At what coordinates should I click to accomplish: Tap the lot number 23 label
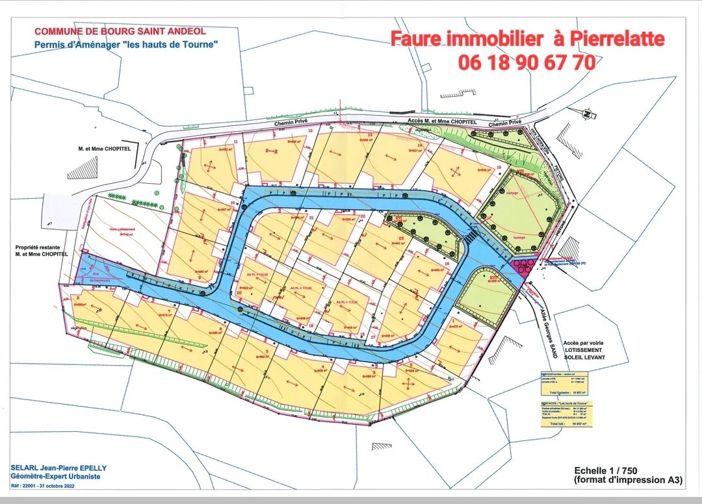tap(402, 238)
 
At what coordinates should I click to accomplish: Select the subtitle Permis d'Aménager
tap(125, 44)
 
